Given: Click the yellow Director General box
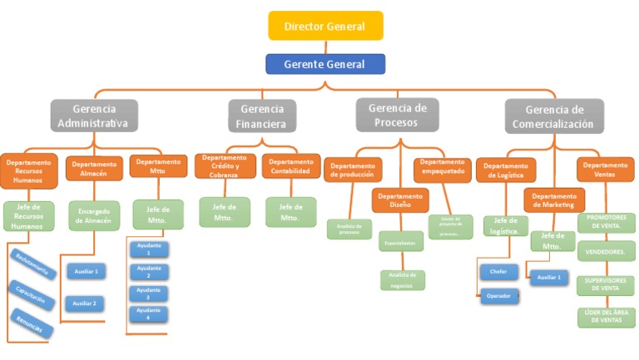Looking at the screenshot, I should [325, 26].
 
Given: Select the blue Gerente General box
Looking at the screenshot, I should [325, 64].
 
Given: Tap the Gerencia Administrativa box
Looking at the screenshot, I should [93, 116].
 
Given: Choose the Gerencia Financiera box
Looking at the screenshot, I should [261, 116].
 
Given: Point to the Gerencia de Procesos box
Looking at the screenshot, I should [397, 115].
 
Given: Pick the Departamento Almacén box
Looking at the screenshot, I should [93, 169].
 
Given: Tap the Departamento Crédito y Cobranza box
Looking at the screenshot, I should [225, 165].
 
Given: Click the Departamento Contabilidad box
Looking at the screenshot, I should [290, 166].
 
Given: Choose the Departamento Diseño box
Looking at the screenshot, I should [400, 200].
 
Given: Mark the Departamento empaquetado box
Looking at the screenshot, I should [442, 170].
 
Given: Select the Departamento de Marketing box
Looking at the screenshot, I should [553, 200].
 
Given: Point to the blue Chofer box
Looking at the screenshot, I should [498, 272].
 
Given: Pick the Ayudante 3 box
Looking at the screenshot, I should [148, 293].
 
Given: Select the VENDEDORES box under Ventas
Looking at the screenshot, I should [606, 250].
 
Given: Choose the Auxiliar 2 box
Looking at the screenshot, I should [85, 303].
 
